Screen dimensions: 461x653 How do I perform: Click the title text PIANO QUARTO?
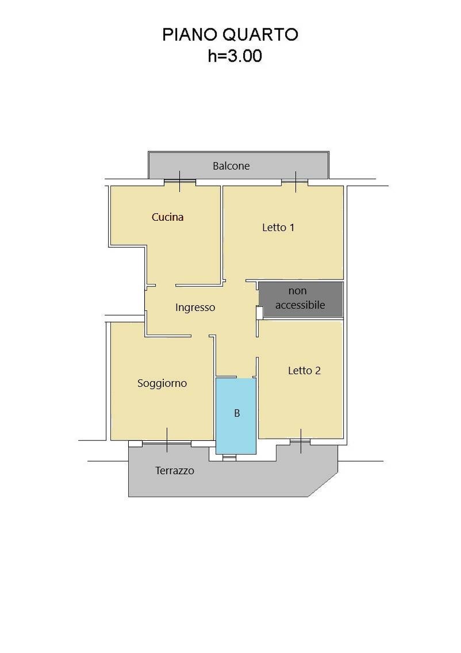pos(230,34)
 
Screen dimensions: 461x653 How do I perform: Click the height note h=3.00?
pos(235,56)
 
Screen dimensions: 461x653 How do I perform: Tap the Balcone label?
pos(231,166)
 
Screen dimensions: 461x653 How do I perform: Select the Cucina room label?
pos(167,217)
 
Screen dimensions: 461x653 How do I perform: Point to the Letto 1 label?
pos(278,228)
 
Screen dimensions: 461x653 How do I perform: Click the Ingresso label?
pos(195,308)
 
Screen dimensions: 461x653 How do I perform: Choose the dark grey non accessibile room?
pos(301,299)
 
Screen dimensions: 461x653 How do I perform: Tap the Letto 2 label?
pos(305,371)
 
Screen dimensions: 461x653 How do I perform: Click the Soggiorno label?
pos(162,383)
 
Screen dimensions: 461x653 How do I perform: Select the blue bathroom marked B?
pos(236,416)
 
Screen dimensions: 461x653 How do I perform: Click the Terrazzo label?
pos(175,471)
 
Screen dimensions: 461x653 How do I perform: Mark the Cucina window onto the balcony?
pos(179,182)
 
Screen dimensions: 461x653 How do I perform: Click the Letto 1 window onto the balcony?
pos(295,182)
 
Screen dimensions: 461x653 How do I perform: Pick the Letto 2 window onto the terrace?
pos(300,441)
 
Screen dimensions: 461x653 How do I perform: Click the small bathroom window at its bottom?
pos(229,457)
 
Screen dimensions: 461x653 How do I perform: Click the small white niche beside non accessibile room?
pos(259,313)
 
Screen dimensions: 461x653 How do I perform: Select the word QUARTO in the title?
pos(260,34)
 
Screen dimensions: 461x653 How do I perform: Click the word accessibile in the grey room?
pos(300,305)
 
